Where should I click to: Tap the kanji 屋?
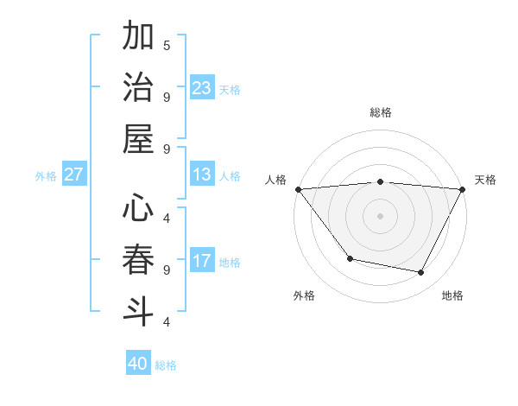(139, 140)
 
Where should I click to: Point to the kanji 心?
(139, 209)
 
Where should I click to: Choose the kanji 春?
(139, 261)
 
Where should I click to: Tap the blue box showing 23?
(202, 88)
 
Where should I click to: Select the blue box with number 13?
(202, 174)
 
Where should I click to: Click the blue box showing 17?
(202, 261)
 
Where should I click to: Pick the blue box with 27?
(73, 174)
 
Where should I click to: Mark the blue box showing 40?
(138, 364)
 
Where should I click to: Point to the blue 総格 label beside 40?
(166, 365)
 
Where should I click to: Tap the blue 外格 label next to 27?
(46, 176)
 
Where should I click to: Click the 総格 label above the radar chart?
(381, 112)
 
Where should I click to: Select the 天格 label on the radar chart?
(486, 180)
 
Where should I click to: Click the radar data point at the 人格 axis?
(298, 189)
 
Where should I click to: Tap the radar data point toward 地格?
(421, 273)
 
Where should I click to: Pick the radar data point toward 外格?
(350, 258)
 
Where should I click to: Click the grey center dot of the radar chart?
(381, 215)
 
